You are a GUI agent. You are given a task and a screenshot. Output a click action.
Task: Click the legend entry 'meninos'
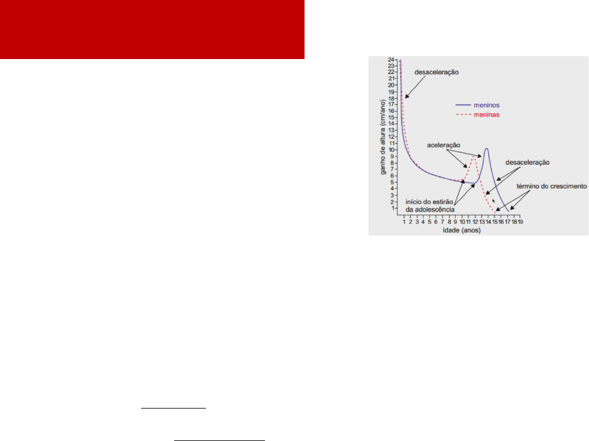click(486, 105)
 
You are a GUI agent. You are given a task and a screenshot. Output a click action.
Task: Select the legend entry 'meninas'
click(486, 115)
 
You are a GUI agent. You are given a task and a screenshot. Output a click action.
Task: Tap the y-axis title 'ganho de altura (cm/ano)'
click(383, 137)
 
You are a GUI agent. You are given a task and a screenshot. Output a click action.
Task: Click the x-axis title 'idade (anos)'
click(462, 230)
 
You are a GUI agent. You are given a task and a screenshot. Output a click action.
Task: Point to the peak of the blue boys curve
click(486, 148)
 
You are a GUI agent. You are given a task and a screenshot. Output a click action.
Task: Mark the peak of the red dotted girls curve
click(474, 157)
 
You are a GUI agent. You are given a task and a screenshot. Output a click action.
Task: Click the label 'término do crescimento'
click(551, 187)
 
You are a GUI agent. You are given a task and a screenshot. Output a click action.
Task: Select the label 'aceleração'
click(444, 145)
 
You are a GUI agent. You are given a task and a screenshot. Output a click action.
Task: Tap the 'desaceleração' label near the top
click(437, 72)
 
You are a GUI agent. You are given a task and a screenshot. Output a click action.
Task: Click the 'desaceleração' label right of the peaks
click(528, 163)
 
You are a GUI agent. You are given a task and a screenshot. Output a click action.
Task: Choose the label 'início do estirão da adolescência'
click(430, 206)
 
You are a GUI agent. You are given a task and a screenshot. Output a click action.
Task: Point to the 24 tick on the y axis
click(391, 60)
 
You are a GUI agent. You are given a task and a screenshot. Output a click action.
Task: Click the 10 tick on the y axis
click(391, 150)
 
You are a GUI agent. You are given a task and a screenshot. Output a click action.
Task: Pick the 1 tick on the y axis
click(392, 208)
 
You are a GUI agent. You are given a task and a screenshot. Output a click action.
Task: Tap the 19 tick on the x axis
click(521, 221)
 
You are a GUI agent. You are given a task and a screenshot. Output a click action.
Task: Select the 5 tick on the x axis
click(429, 221)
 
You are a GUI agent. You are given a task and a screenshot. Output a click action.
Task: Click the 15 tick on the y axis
click(391, 117)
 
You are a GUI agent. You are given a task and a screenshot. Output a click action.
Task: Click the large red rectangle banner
click(152, 30)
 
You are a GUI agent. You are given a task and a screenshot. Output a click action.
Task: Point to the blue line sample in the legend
click(463, 105)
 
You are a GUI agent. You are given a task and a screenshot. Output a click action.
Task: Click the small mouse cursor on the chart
click(493, 201)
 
